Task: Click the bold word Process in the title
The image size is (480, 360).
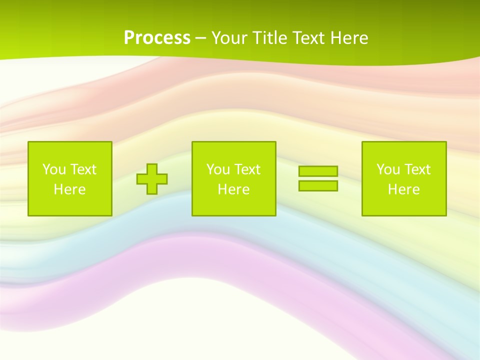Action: coord(157,37)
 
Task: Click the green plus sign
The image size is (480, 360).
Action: coord(152,179)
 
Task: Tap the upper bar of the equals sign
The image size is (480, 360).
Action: coord(318,171)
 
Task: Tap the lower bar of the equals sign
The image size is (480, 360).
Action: coord(318,185)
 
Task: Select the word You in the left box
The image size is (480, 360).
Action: coord(54,169)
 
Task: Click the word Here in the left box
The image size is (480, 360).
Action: coord(69,189)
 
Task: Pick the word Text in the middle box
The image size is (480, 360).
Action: coord(247,169)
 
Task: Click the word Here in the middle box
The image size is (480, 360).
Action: coord(233,189)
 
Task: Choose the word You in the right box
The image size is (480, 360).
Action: coord(388,169)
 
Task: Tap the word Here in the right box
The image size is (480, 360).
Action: coord(403,189)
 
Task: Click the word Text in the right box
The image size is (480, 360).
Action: coord(417,169)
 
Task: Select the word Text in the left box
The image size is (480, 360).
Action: coord(83,169)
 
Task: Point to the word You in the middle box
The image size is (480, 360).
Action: coord(218,169)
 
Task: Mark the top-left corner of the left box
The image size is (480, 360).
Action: coord(28,142)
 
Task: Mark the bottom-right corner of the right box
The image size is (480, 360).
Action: coord(446,215)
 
